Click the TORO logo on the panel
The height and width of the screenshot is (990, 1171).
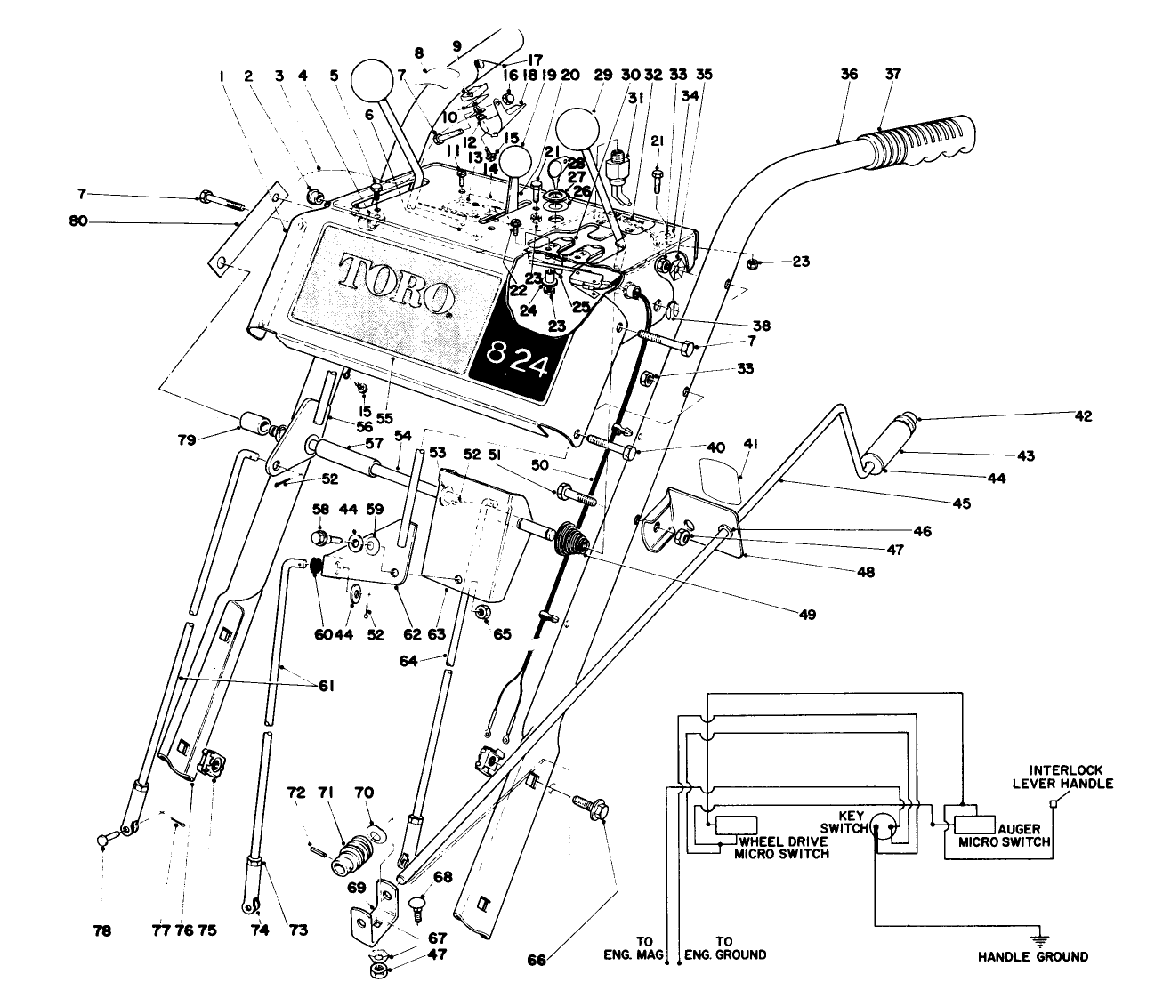pyautogui.click(x=397, y=286)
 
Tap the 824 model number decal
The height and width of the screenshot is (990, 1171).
pyautogui.click(x=517, y=361)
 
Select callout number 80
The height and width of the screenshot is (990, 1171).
pyautogui.click(x=77, y=221)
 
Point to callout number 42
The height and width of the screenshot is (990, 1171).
pyautogui.click(x=1083, y=416)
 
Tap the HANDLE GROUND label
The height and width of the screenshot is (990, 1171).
pyautogui.click(x=1033, y=956)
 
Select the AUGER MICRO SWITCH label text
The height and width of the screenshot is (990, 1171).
pyautogui.click(x=1005, y=835)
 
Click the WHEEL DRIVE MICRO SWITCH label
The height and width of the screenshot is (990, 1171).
pyautogui.click(x=782, y=848)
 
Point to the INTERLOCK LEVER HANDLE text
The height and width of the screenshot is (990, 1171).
pyautogui.click(x=1062, y=777)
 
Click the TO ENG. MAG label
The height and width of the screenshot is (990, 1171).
pyautogui.click(x=634, y=948)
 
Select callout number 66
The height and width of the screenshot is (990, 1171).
pyautogui.click(x=536, y=960)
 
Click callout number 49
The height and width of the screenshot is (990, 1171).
pyautogui.click(x=807, y=615)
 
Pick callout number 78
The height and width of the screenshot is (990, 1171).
pyautogui.click(x=102, y=930)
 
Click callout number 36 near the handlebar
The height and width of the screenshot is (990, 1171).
pyautogui.click(x=849, y=74)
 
